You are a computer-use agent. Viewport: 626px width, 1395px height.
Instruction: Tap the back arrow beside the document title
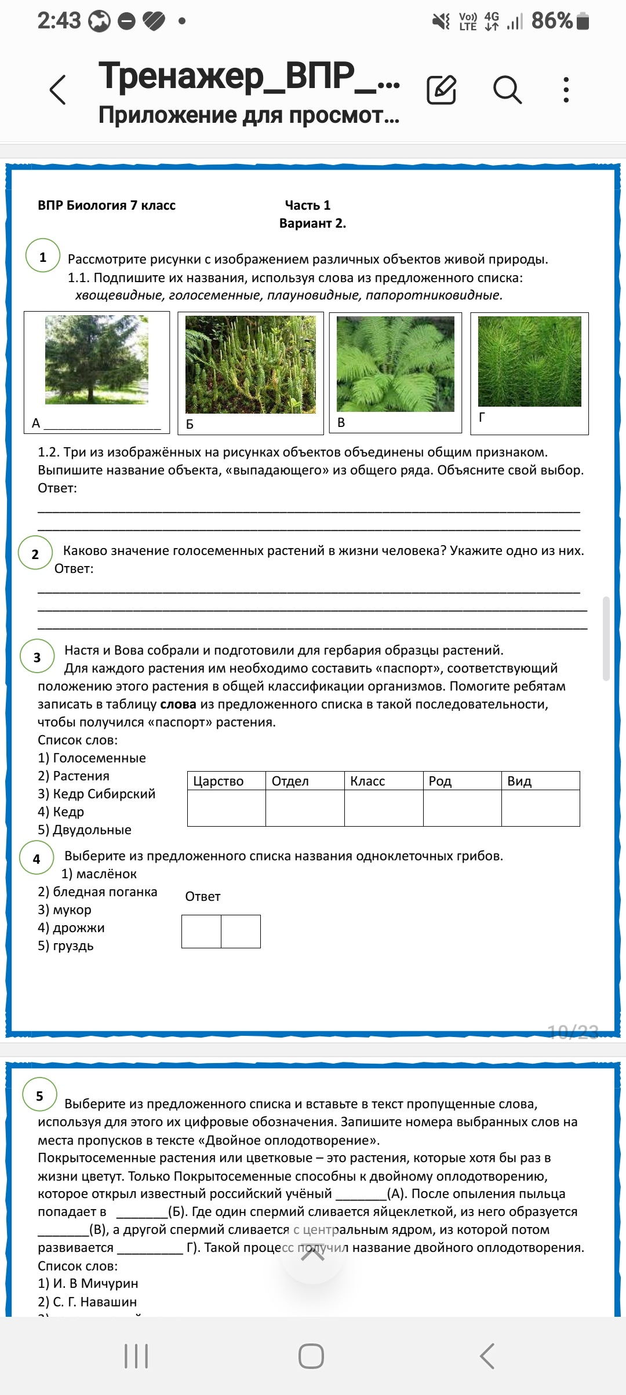pyautogui.click(x=58, y=90)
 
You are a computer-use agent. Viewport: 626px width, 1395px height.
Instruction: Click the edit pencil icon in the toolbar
pyautogui.click(x=442, y=90)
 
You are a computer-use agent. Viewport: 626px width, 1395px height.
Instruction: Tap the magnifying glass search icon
pyautogui.click(x=507, y=90)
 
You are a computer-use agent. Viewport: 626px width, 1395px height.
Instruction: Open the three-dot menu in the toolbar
pyautogui.click(x=566, y=90)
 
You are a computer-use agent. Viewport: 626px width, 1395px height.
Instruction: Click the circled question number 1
pyautogui.click(x=43, y=256)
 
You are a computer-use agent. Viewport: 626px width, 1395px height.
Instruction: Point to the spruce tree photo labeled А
pyautogui.click(x=97, y=359)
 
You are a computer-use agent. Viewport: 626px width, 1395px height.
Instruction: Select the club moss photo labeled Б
pyautogui.click(x=250, y=364)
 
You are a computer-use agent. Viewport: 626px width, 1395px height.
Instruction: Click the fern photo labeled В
pyautogui.click(x=395, y=364)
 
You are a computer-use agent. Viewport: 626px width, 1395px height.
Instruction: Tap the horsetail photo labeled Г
pyautogui.click(x=529, y=361)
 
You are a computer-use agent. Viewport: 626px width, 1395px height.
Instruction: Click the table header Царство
pyautogui.click(x=219, y=781)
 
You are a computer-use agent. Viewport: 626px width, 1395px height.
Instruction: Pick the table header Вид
pyautogui.click(x=519, y=781)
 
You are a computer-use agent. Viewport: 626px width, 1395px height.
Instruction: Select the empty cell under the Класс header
pyautogui.click(x=384, y=808)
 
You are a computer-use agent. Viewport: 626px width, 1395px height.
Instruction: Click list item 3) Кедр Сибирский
pyautogui.click(x=97, y=794)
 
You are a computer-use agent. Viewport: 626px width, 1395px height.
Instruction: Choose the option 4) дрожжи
pyautogui.click(x=71, y=927)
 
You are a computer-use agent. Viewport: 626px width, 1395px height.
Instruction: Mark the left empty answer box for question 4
pyautogui.click(x=202, y=932)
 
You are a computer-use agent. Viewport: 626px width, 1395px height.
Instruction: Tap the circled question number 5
pyautogui.click(x=39, y=1095)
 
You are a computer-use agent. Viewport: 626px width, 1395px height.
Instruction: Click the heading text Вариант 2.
pyautogui.click(x=312, y=223)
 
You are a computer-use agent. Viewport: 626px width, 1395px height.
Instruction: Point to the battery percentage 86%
pyautogui.click(x=552, y=21)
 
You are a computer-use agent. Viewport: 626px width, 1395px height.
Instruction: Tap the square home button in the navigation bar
pyautogui.click(x=311, y=1356)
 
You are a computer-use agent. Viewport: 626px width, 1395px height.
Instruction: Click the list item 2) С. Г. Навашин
pyautogui.click(x=88, y=1302)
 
